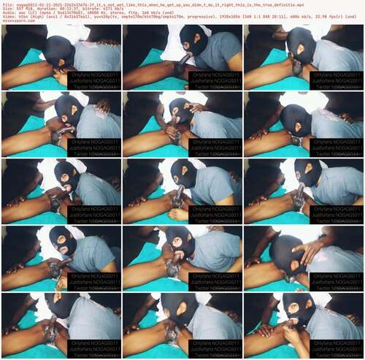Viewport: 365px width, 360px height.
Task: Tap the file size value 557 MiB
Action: [20, 8]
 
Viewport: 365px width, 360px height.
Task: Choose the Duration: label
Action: [40, 8]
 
